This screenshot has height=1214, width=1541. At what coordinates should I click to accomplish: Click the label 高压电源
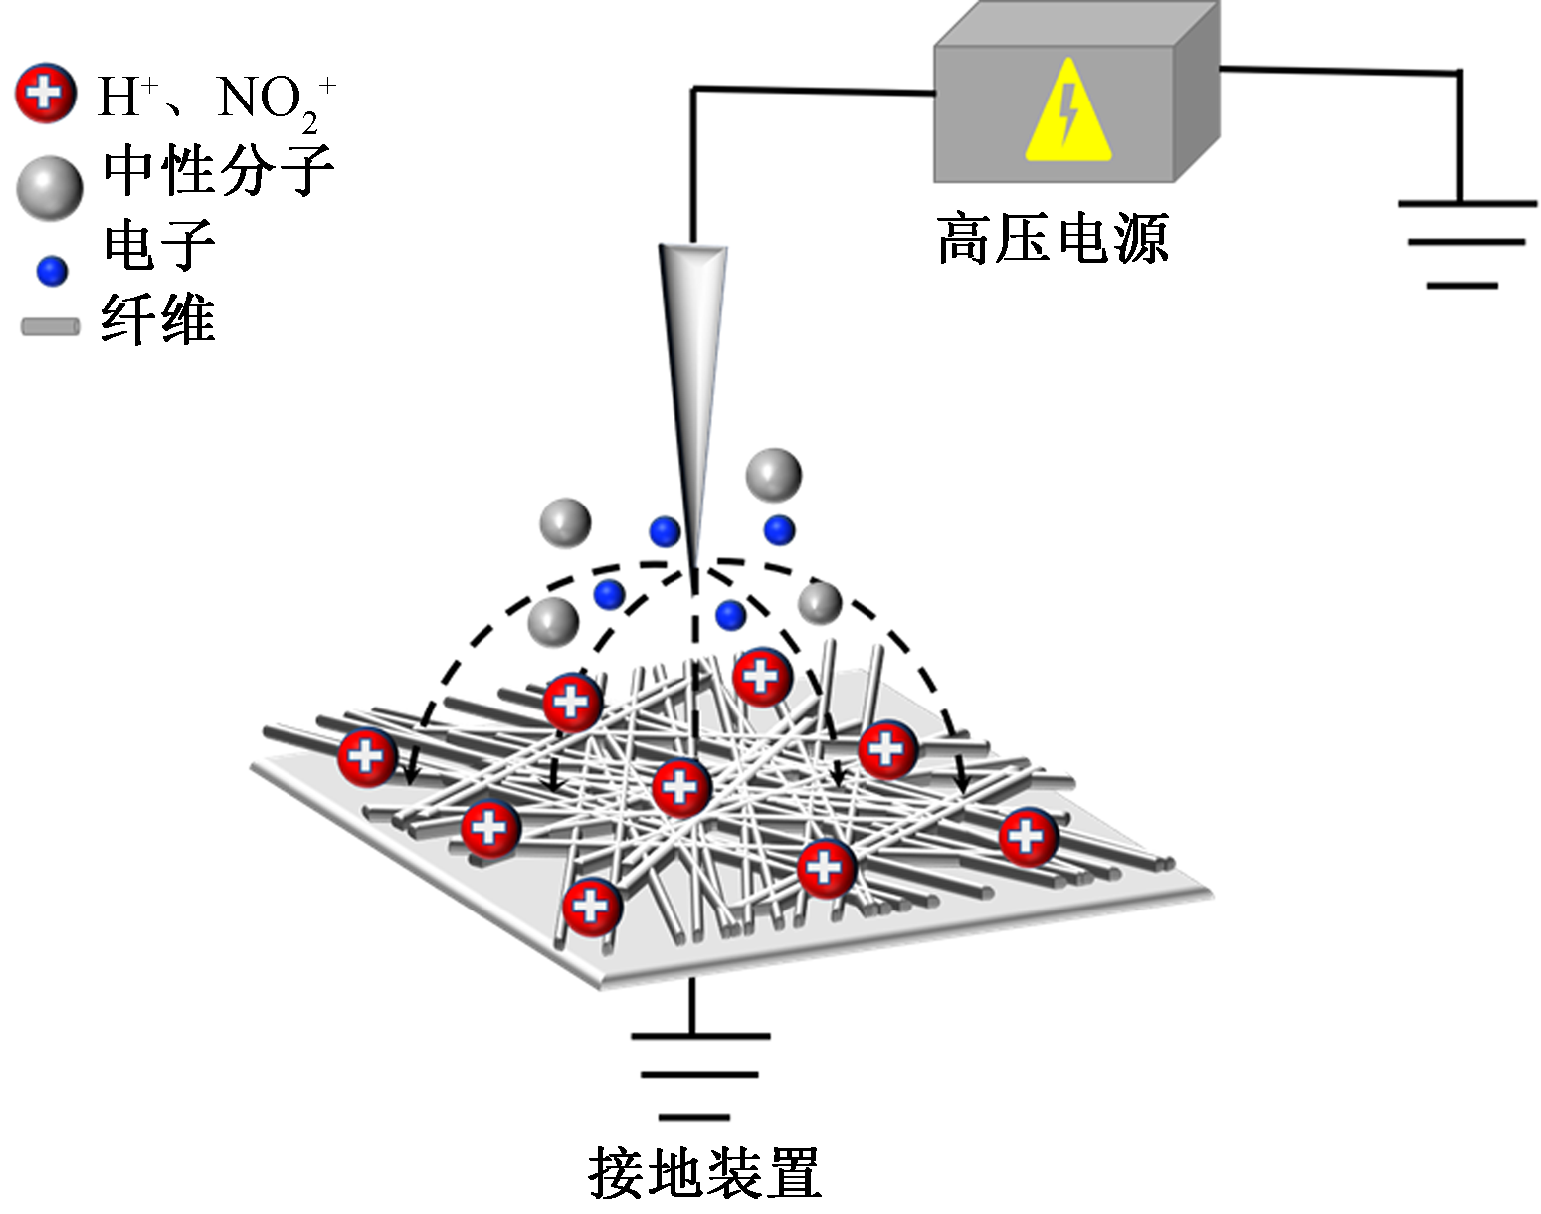point(1053,239)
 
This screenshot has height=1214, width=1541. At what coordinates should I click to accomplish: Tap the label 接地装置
point(704,1173)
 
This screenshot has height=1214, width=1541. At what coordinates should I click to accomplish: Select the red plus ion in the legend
point(45,95)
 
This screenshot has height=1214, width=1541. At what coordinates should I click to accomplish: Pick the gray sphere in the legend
point(50,187)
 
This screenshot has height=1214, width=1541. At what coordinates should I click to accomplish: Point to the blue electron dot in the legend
point(52,270)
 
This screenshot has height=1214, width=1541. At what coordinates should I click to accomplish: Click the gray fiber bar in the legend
point(50,327)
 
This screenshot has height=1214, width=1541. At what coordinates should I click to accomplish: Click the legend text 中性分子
point(219,171)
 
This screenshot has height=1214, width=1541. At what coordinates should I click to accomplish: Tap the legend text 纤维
point(158,320)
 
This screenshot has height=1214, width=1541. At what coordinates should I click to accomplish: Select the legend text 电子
point(159,245)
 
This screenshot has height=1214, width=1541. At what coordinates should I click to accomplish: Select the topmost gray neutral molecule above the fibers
point(773,475)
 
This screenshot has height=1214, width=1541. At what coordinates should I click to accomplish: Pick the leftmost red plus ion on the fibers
point(367,757)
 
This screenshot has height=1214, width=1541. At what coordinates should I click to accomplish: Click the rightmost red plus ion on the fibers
point(1028,836)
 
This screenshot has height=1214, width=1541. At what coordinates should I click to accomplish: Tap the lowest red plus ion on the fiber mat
point(592,907)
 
